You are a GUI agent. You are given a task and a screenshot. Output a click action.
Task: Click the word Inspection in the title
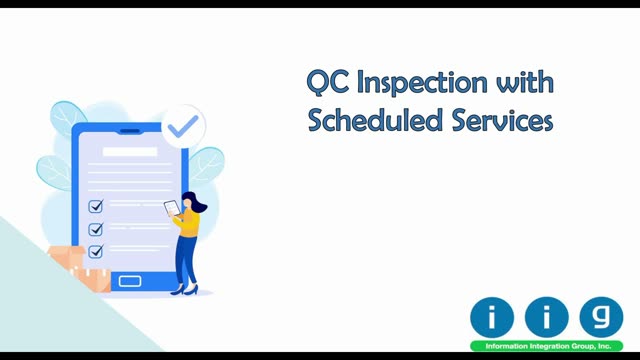click(x=422, y=84)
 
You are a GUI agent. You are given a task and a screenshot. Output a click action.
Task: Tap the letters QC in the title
click(x=327, y=82)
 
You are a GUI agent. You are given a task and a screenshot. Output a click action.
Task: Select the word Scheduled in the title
click(x=375, y=120)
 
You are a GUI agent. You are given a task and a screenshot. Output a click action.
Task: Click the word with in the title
click(x=525, y=82)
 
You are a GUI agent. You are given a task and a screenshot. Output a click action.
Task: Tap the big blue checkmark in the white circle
click(x=183, y=126)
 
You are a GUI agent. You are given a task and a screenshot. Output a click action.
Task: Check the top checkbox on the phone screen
click(x=96, y=206)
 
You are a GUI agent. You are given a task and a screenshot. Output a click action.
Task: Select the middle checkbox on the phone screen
click(x=96, y=229)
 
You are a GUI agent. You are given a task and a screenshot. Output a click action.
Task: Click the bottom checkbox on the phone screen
click(x=96, y=251)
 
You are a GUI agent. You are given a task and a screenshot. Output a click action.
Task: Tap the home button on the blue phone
click(x=130, y=281)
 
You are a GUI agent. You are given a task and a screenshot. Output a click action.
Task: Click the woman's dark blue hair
click(x=196, y=201)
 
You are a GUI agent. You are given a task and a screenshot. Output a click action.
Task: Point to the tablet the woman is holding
click(x=172, y=208)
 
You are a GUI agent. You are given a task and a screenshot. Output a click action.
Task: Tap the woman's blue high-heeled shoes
click(x=185, y=290)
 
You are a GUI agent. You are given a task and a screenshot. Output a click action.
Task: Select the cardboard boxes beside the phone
click(x=80, y=268)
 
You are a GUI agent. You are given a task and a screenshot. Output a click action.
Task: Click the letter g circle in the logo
click(x=601, y=317)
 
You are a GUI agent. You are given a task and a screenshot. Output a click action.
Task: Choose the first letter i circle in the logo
click(x=492, y=317)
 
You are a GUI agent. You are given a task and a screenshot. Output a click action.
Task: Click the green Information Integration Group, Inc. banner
click(x=547, y=346)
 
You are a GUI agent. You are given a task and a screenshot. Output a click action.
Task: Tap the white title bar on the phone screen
click(x=130, y=152)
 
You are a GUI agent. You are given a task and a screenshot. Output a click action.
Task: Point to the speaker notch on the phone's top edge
click(x=130, y=131)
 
